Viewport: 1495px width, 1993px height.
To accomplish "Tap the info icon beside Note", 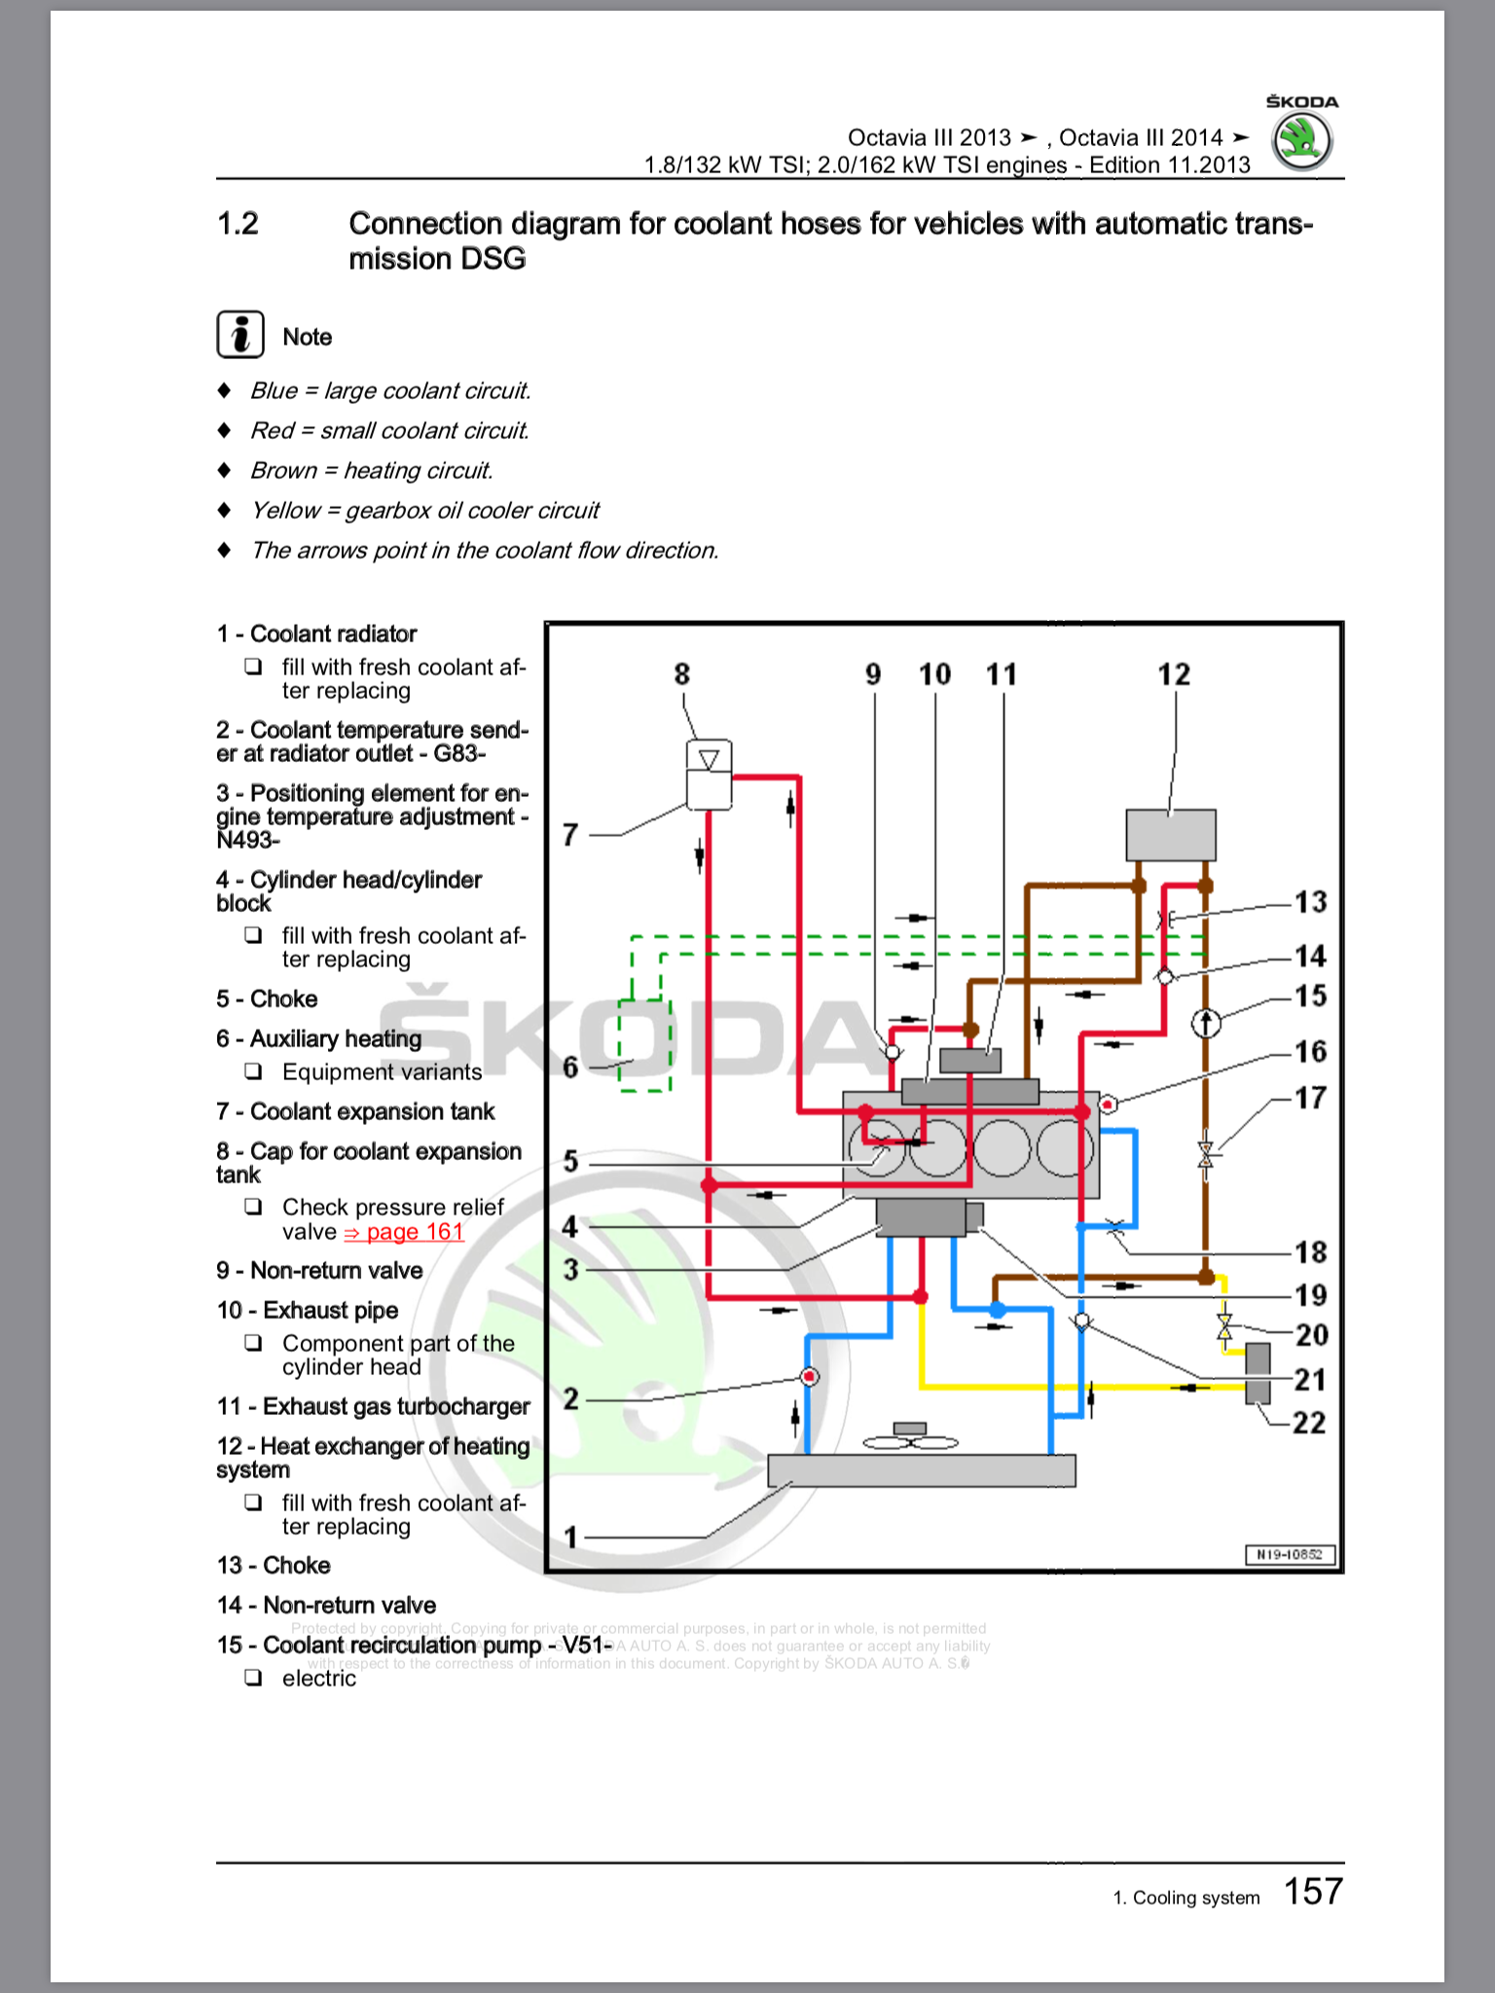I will click(239, 336).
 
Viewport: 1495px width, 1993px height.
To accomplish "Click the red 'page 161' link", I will click(404, 1232).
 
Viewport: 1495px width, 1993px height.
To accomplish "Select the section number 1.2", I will click(237, 225).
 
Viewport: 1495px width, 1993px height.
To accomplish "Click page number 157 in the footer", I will click(1313, 1891).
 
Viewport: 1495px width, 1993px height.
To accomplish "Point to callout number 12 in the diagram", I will click(1174, 674).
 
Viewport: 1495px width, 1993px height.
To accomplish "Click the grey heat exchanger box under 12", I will click(1170, 834).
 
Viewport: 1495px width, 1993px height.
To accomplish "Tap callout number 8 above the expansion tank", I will click(681, 674).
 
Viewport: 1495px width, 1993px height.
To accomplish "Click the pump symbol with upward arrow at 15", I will click(1206, 1023).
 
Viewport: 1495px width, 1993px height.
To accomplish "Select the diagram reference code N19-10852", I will click(1290, 1554).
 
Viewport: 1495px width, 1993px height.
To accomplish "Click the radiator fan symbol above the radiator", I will click(911, 1436).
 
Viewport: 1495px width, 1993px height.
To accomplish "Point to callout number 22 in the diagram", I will click(1309, 1423).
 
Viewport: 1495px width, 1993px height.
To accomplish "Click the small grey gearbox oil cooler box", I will click(1258, 1372).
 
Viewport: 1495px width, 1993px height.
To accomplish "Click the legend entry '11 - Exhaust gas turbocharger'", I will click(373, 1406).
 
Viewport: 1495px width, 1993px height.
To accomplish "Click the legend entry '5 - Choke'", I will click(267, 999).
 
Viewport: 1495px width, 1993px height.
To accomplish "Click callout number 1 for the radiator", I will click(571, 1538).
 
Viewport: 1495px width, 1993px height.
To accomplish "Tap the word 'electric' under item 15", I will click(319, 1679).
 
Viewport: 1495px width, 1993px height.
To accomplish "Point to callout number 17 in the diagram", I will click(1310, 1099).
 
